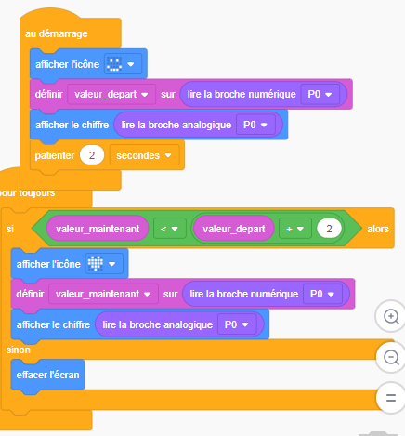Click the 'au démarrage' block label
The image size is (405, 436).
pyautogui.click(x=57, y=33)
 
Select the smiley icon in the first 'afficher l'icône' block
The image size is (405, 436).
pyautogui.click(x=114, y=64)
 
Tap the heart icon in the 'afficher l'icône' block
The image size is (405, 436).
pyautogui.click(x=96, y=264)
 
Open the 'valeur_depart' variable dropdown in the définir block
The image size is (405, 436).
pyautogui.click(x=111, y=94)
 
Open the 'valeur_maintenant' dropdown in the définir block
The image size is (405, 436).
pyautogui.click(x=103, y=294)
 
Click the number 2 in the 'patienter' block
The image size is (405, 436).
pyautogui.click(x=92, y=155)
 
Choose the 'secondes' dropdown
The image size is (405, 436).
pyautogui.click(x=144, y=155)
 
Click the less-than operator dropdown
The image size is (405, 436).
pyautogui.click(x=170, y=229)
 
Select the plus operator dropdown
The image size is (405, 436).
pyautogui.click(x=295, y=229)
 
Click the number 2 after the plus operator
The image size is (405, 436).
pyautogui.click(x=329, y=229)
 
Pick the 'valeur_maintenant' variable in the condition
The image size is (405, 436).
pyautogui.click(x=98, y=229)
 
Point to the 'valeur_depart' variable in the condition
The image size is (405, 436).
pyautogui.click(x=234, y=229)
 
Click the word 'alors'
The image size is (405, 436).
pyautogui.click(x=378, y=229)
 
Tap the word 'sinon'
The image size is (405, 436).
pyautogui.click(x=19, y=350)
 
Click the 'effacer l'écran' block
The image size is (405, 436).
pyautogui.click(x=47, y=375)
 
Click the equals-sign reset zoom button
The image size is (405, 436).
pyautogui.click(x=391, y=398)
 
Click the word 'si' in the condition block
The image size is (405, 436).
pyautogui.click(x=10, y=229)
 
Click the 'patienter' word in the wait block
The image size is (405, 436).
pyautogui.click(x=55, y=155)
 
